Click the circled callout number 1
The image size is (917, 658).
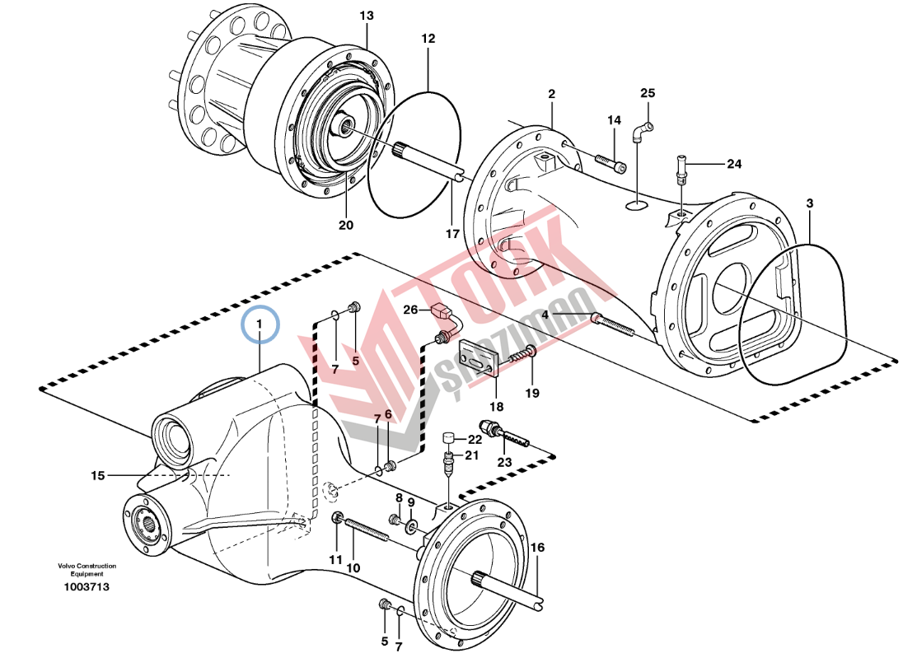point(260,324)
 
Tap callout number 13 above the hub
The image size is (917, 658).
point(367,16)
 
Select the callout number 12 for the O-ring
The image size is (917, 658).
point(428,39)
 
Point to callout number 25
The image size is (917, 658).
point(648,92)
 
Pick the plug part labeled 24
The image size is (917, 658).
point(681,166)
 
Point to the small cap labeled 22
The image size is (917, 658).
point(450,436)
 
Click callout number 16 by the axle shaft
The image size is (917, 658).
point(537,547)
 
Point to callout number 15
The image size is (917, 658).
point(98,475)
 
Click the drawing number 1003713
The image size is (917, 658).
point(87,587)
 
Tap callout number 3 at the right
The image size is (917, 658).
point(809,203)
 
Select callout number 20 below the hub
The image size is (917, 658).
point(345,225)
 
